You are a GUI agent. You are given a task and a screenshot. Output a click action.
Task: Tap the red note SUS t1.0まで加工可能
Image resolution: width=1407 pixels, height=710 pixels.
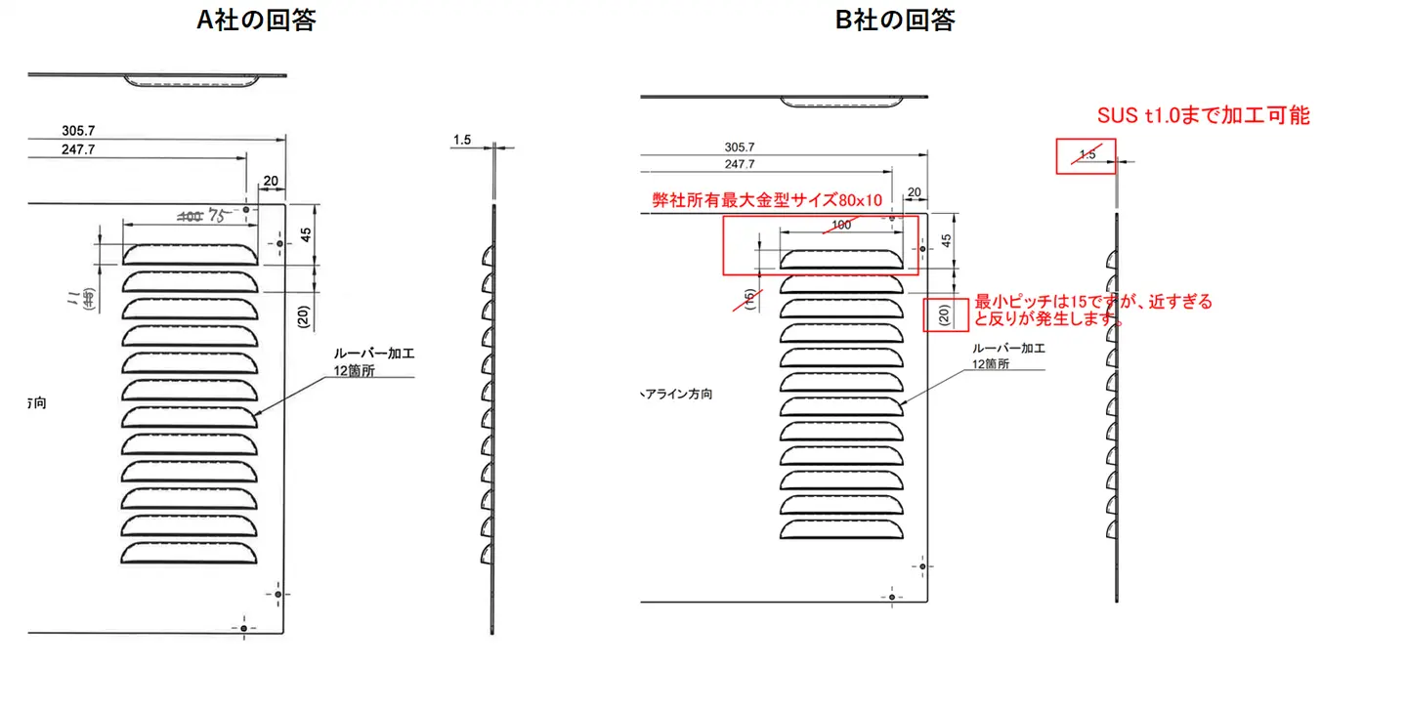1204,115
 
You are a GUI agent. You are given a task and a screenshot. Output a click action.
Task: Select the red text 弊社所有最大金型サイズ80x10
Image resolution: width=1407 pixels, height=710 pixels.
767,200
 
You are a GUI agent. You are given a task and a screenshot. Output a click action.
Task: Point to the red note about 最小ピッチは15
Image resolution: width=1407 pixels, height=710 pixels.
1093,310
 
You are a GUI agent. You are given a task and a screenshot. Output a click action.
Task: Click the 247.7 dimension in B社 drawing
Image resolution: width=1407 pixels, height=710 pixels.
739,164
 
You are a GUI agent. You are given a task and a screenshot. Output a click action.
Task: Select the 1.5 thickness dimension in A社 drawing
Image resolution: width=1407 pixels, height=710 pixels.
462,140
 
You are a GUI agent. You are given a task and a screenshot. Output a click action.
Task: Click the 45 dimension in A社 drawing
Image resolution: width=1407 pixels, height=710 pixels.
305,234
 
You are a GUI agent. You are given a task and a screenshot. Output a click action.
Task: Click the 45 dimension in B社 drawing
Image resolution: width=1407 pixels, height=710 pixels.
945,240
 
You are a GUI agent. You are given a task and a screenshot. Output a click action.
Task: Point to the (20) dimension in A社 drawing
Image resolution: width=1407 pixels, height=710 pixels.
304,314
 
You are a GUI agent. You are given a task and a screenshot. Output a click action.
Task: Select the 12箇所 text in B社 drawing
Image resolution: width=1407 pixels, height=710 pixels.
990,363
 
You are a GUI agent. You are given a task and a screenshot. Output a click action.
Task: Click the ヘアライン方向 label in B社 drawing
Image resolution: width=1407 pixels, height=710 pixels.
676,395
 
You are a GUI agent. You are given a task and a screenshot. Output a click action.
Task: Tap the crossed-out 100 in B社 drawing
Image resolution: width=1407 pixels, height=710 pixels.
839,226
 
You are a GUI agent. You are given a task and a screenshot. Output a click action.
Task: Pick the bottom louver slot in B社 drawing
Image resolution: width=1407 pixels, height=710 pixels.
840,530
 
